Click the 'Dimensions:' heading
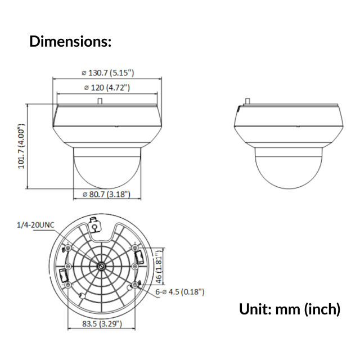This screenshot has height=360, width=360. click(70, 41)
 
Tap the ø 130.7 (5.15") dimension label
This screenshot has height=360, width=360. click(107, 73)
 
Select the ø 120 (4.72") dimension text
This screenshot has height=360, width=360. click(107, 87)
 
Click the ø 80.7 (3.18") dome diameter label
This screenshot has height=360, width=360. click(107, 194)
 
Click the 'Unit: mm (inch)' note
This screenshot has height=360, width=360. click(290, 309)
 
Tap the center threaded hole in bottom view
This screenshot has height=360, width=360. click(102, 267)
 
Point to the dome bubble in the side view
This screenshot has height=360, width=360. click(288, 166)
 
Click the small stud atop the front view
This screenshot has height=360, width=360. click(100, 101)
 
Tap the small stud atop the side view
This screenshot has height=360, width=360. click(247, 101)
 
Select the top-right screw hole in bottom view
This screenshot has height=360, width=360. click(135, 248)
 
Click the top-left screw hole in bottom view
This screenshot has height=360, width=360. click(69, 248)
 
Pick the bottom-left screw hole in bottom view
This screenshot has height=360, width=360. click(69, 286)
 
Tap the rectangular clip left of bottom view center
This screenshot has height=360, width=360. click(64, 276)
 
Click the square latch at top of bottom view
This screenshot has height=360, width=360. click(95, 226)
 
